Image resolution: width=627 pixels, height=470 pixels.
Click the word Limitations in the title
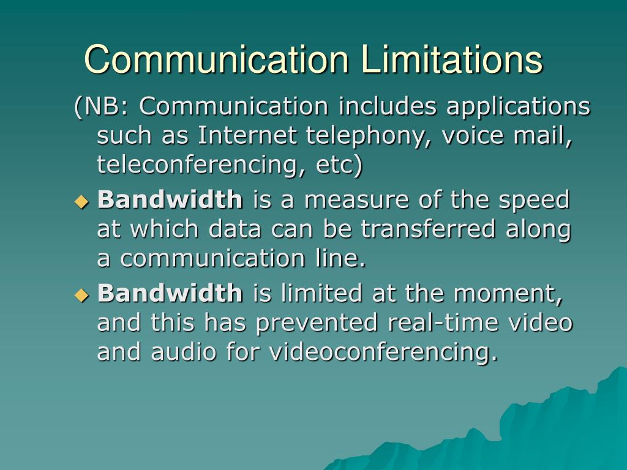[451, 59]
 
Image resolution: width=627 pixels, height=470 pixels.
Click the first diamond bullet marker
[81, 200]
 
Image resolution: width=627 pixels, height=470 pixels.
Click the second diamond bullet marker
[81, 294]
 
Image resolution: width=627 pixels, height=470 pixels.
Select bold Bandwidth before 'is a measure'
[170, 199]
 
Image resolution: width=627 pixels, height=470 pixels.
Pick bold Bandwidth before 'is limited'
[170, 293]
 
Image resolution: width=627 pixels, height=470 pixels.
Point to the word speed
[539, 200]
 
